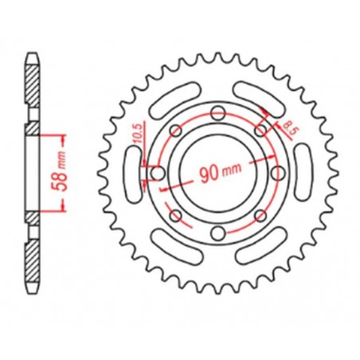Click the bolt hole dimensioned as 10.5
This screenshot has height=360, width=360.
(157, 173)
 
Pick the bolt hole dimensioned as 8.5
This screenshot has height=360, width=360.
(260, 129)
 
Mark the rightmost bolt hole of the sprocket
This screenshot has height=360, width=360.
(276, 173)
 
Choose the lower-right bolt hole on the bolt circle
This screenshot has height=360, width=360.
(259, 216)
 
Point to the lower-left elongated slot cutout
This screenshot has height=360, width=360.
(170, 249)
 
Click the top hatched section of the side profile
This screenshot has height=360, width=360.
(31, 88)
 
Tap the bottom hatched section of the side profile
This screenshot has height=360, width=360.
(31, 260)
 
